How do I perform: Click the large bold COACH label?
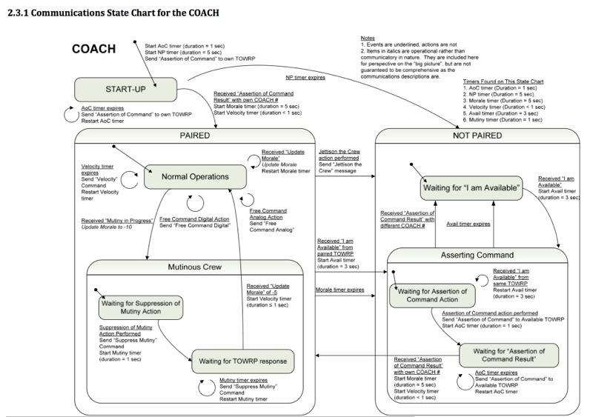click(93, 50)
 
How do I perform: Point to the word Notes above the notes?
click(368, 36)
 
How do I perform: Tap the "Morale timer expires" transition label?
click(339, 288)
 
